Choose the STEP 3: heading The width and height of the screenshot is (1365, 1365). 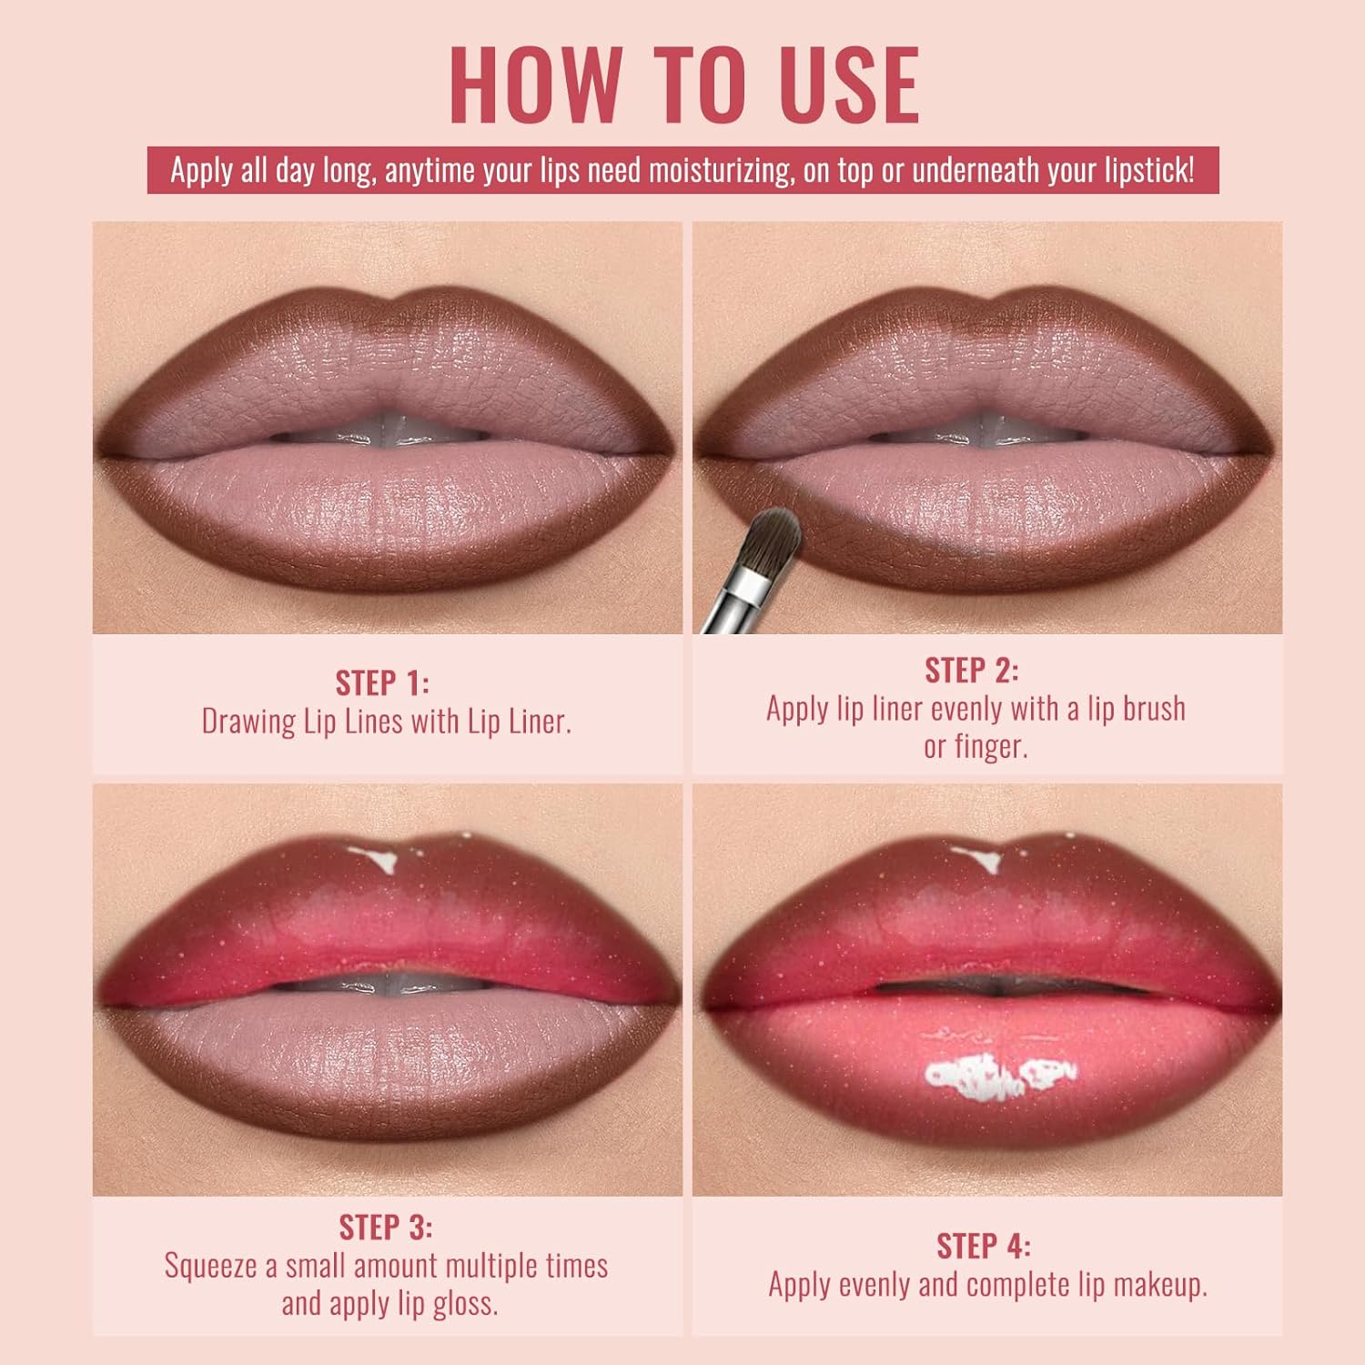(x=386, y=1227)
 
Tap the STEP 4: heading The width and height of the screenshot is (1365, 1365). (x=984, y=1245)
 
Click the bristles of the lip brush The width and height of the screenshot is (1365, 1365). (x=772, y=539)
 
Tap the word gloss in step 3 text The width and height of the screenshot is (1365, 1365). (x=460, y=1304)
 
